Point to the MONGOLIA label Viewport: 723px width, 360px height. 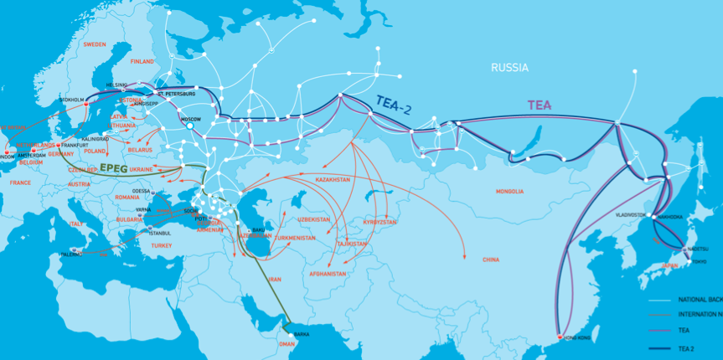point(509,192)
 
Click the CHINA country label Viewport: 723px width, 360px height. point(491,260)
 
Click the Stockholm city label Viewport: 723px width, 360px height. point(72,100)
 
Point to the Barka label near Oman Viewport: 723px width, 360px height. point(302,335)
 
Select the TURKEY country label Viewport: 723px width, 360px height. point(161,245)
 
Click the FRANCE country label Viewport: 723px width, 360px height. point(19,182)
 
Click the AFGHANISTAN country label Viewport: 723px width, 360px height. point(327,274)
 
